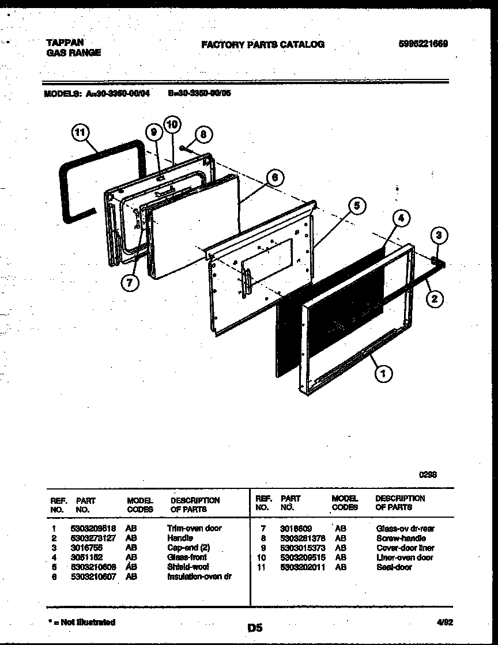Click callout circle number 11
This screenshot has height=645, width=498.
pos(81,133)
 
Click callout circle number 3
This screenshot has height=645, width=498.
pos(440,236)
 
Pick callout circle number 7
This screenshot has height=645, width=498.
pos(130,283)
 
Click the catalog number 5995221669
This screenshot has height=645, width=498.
pos(423,44)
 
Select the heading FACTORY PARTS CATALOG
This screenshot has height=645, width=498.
pos(262,44)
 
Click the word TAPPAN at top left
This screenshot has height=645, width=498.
pos(65,43)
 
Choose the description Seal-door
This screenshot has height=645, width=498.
pos(394,567)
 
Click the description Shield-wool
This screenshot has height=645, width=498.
pos(188,567)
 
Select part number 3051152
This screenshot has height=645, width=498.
pos(86,557)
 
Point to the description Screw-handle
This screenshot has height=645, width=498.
pos(401,538)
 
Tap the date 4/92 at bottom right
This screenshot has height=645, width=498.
pos(444,622)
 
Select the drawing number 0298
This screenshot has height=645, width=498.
pos(427,475)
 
